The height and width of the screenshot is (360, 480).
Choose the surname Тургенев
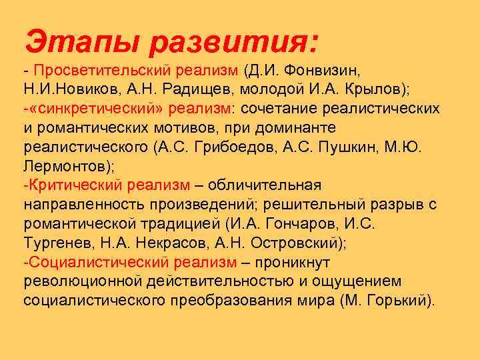click(x=54, y=242)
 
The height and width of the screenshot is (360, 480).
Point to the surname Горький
click(x=400, y=300)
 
